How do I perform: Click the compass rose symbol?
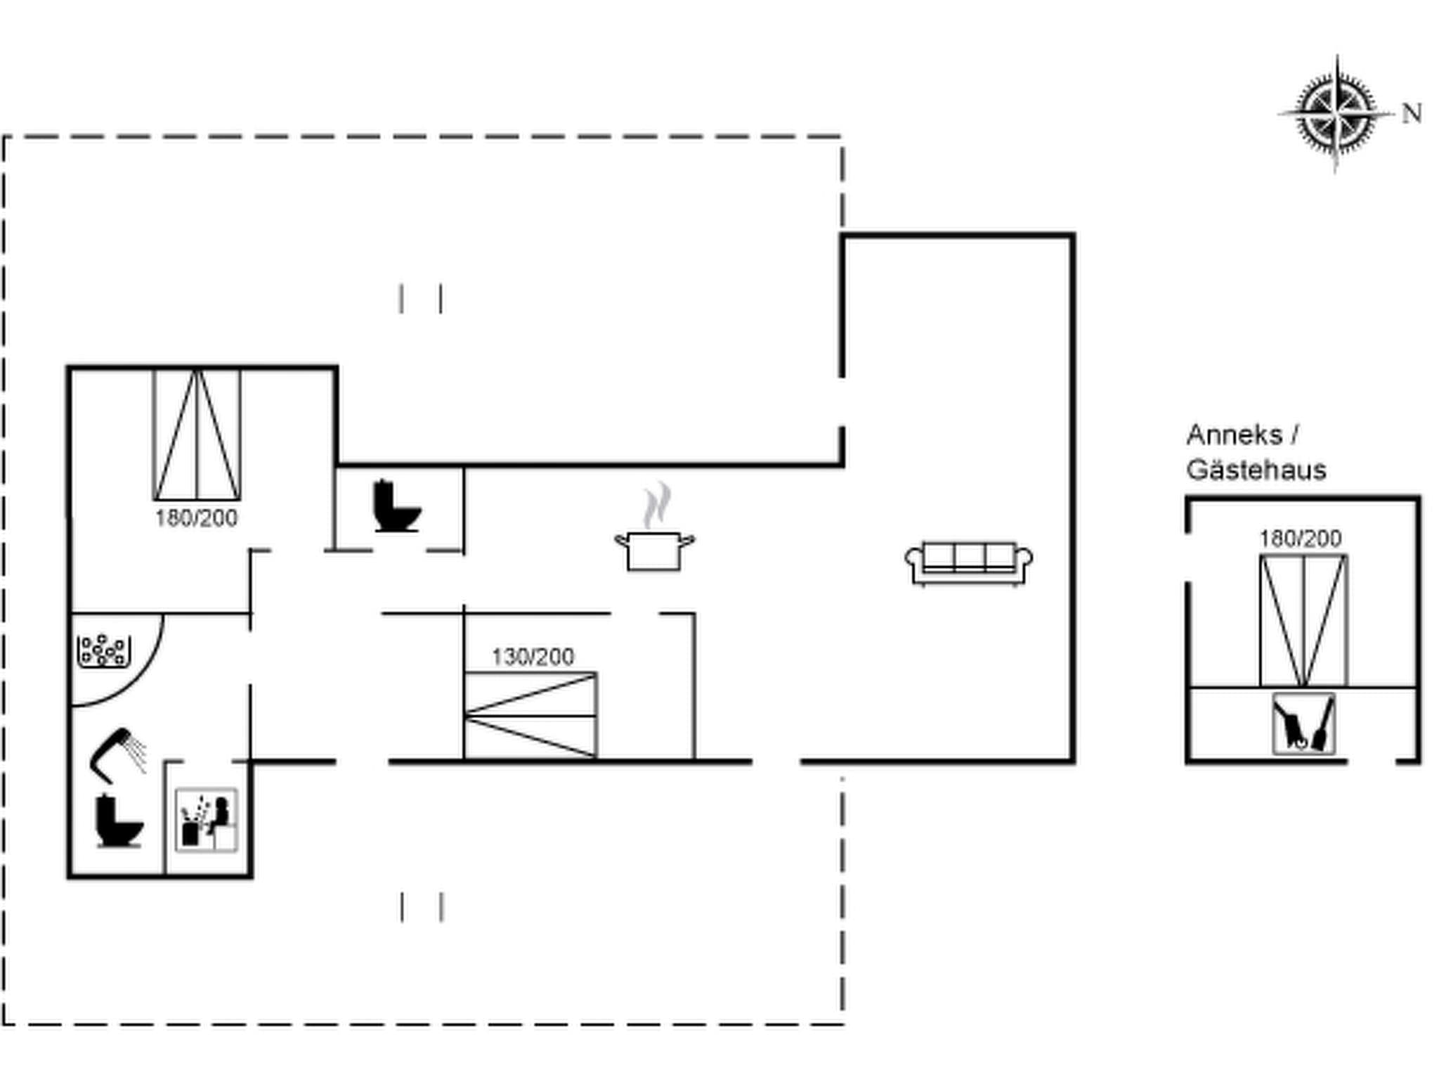point(1334,115)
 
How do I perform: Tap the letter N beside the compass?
point(1411,114)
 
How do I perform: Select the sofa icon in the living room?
point(968,562)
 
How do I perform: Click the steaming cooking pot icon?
point(654,550)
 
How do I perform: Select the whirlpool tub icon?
point(103,650)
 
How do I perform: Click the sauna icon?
point(206,820)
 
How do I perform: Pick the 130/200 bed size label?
point(533,657)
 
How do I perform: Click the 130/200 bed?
point(530,715)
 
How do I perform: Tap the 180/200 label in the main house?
point(196,518)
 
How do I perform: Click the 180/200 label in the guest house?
point(1300,539)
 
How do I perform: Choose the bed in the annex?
point(1303,620)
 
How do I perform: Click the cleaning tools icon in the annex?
point(1303,724)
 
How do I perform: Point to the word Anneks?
point(1234,435)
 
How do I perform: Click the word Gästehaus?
point(1256,470)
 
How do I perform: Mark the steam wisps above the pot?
point(656,503)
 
